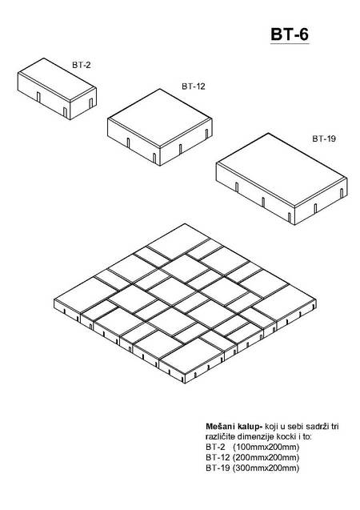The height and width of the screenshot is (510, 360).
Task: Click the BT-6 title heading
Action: [x=290, y=34]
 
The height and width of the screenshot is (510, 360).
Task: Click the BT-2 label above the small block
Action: [x=82, y=65]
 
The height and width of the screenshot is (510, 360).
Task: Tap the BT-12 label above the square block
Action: [x=194, y=86]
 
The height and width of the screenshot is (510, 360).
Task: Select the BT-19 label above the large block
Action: [x=324, y=139]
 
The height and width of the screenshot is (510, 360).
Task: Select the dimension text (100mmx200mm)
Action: [x=266, y=447]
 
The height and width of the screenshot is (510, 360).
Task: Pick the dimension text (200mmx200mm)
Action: [x=266, y=458]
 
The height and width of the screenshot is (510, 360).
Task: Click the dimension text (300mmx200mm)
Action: [x=266, y=468]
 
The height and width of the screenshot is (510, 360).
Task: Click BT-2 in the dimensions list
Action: [x=215, y=447]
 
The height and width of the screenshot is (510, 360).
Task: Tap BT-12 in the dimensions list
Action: [x=218, y=458]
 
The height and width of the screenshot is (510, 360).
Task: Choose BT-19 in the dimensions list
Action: [x=218, y=468]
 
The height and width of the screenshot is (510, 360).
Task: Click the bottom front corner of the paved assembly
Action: [x=185, y=384]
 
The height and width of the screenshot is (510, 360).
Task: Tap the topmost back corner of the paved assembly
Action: [x=184, y=223]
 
